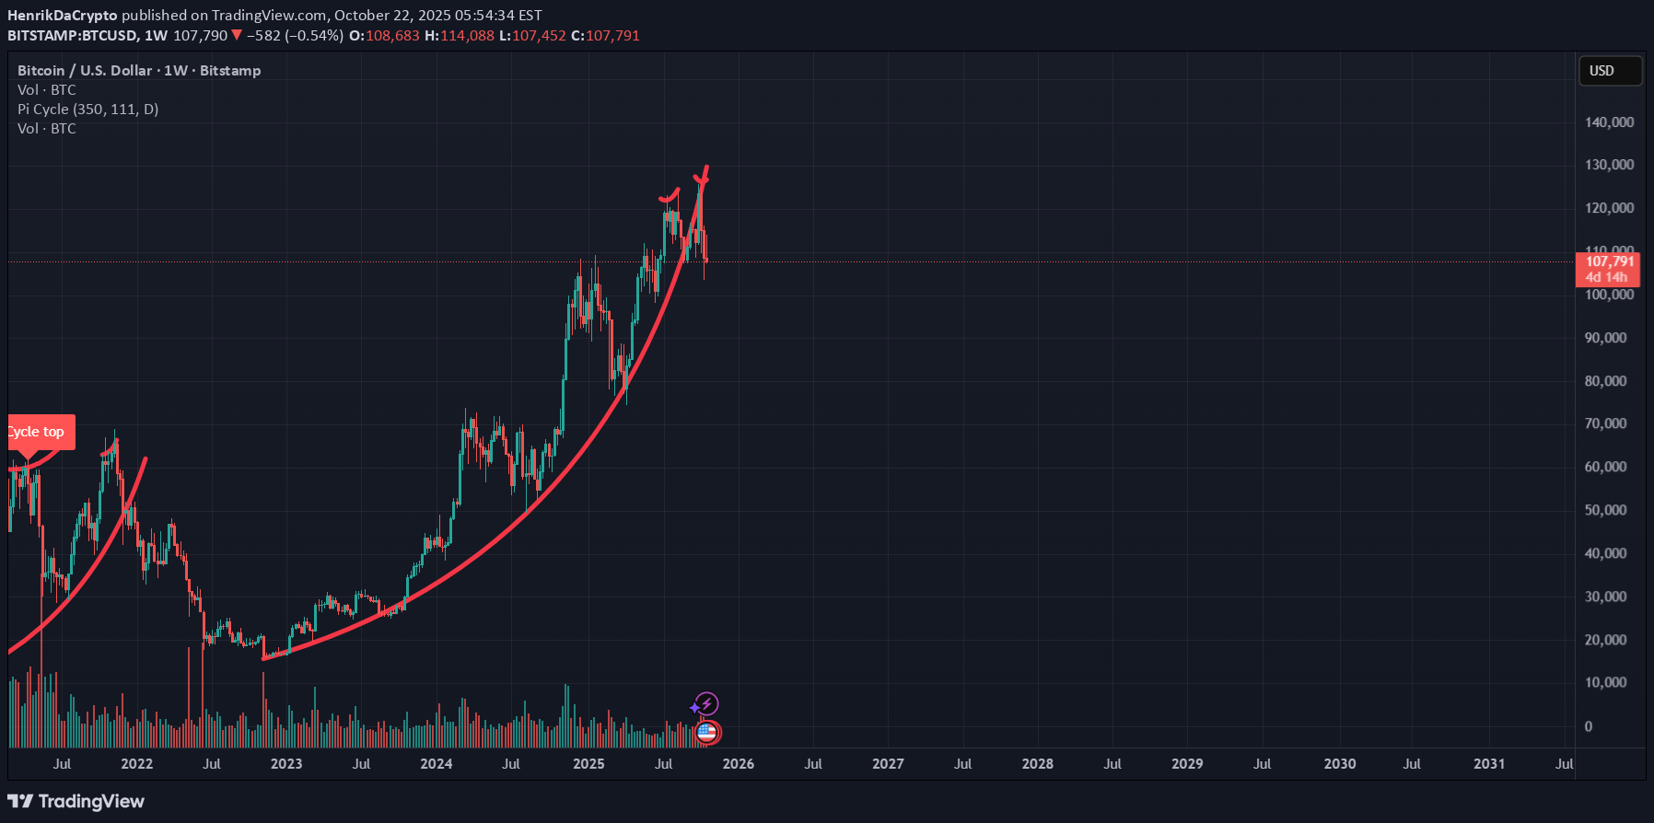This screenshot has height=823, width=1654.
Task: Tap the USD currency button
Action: (1609, 71)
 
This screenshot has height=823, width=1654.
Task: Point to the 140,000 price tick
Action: (1609, 122)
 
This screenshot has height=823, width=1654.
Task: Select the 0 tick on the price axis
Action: (1588, 726)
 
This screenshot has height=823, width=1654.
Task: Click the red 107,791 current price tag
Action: (1609, 261)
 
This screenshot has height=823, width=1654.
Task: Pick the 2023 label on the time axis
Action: (286, 764)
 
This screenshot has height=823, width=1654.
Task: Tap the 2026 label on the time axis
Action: (738, 764)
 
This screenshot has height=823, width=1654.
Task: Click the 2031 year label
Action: (1489, 764)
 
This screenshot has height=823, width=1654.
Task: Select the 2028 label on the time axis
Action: (1038, 764)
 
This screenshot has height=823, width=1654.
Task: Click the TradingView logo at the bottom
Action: (76, 802)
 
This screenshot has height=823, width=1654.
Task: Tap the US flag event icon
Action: (706, 733)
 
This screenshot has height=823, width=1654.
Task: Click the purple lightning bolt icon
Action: (706, 704)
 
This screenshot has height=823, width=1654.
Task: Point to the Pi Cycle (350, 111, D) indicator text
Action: (88, 110)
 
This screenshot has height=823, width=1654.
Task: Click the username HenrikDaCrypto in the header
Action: (63, 16)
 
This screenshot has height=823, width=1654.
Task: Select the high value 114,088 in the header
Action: (467, 36)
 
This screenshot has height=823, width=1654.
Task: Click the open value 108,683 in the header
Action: (392, 36)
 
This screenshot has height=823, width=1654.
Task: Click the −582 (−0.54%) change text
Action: (295, 36)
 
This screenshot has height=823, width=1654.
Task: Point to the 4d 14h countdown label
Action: (1606, 277)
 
